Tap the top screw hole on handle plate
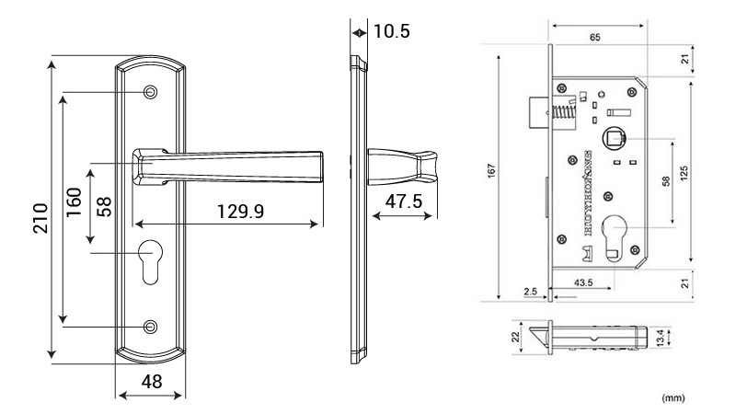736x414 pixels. click(150, 93)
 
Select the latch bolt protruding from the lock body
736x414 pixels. click(538, 114)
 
